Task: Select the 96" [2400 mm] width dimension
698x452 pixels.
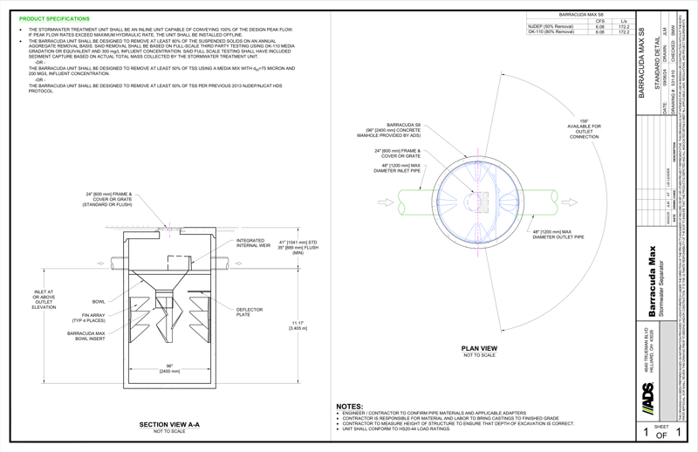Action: tap(169, 368)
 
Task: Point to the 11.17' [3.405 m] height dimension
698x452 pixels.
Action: tap(296, 325)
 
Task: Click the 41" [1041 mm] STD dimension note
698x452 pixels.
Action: tap(294, 246)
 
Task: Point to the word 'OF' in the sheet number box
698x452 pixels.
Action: tap(662, 434)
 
